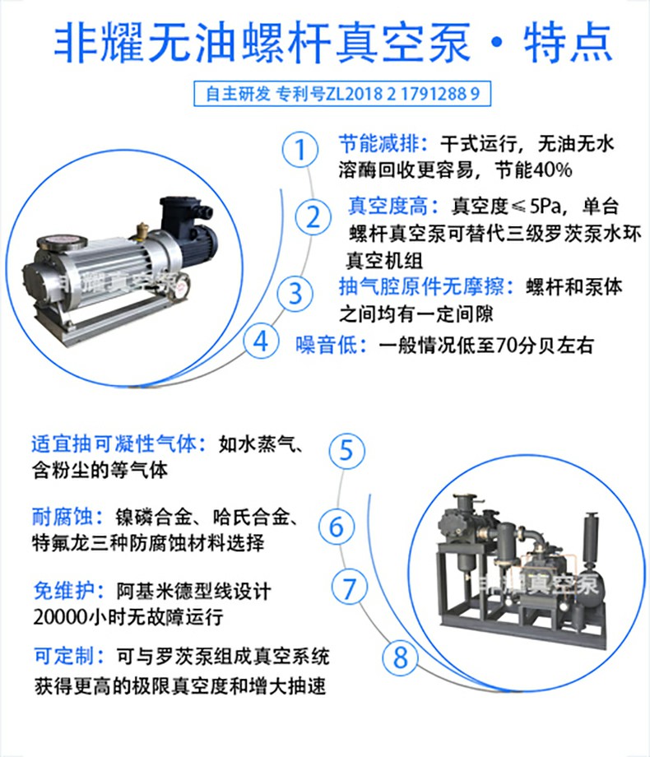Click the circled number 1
click(x=299, y=149)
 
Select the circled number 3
click(x=295, y=294)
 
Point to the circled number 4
click(x=261, y=341)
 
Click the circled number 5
click(x=346, y=450)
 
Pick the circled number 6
click(x=336, y=527)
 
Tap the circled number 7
click(x=349, y=587)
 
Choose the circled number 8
click(x=401, y=657)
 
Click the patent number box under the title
click(x=342, y=94)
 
